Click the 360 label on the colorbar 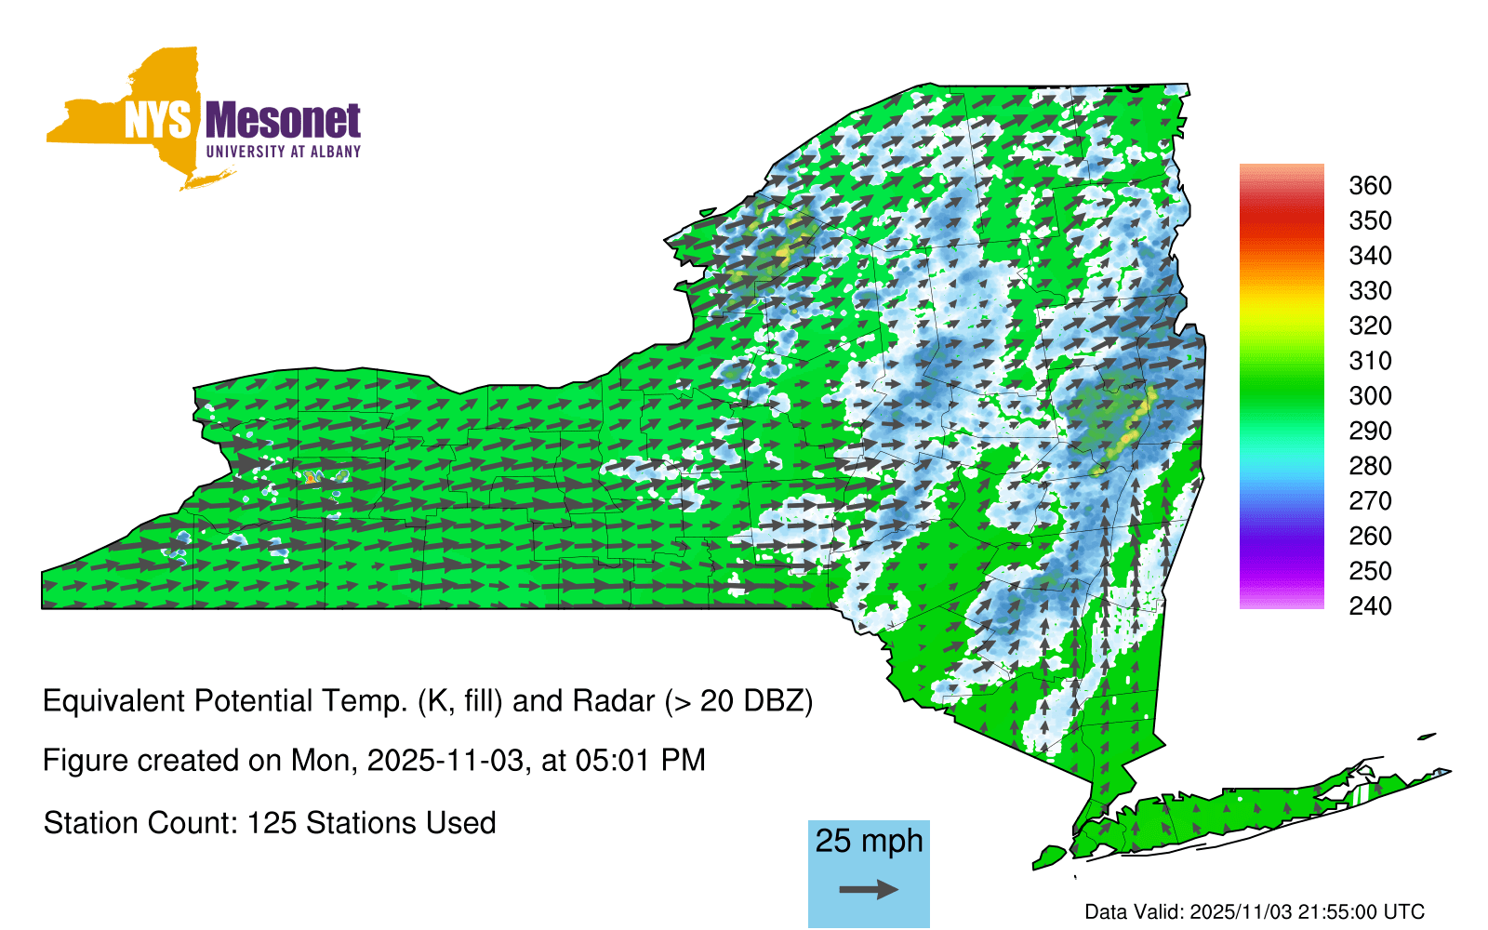click(1370, 185)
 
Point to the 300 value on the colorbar click(1370, 396)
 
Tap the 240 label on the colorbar click(1370, 605)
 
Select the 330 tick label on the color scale click(1370, 290)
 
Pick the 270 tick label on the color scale click(1370, 501)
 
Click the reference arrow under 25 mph click(869, 889)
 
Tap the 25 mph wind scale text click(869, 841)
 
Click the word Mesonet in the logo click(284, 120)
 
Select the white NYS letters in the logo click(158, 120)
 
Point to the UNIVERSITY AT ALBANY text click(284, 152)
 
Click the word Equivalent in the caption click(113, 701)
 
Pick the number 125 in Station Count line click(271, 823)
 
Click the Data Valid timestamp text click(1255, 911)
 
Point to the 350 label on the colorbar click(1370, 220)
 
